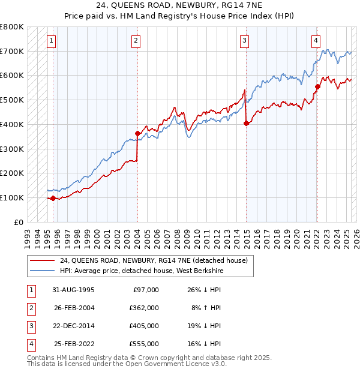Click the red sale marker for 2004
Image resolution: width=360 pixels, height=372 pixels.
tap(137, 133)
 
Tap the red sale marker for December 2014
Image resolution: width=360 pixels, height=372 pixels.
tap(246, 123)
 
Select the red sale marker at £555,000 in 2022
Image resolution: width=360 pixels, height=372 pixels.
tap(317, 86)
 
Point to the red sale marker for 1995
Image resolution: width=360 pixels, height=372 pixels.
tap(53, 198)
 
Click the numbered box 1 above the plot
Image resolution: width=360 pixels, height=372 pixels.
tap(52, 41)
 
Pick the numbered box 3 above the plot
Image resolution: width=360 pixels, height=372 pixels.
tap(245, 41)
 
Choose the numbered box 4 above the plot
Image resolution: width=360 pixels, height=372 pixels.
tap(316, 41)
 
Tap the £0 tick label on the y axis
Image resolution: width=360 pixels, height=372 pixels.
tap(19, 222)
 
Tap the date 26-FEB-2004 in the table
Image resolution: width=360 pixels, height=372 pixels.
tap(74, 308)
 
